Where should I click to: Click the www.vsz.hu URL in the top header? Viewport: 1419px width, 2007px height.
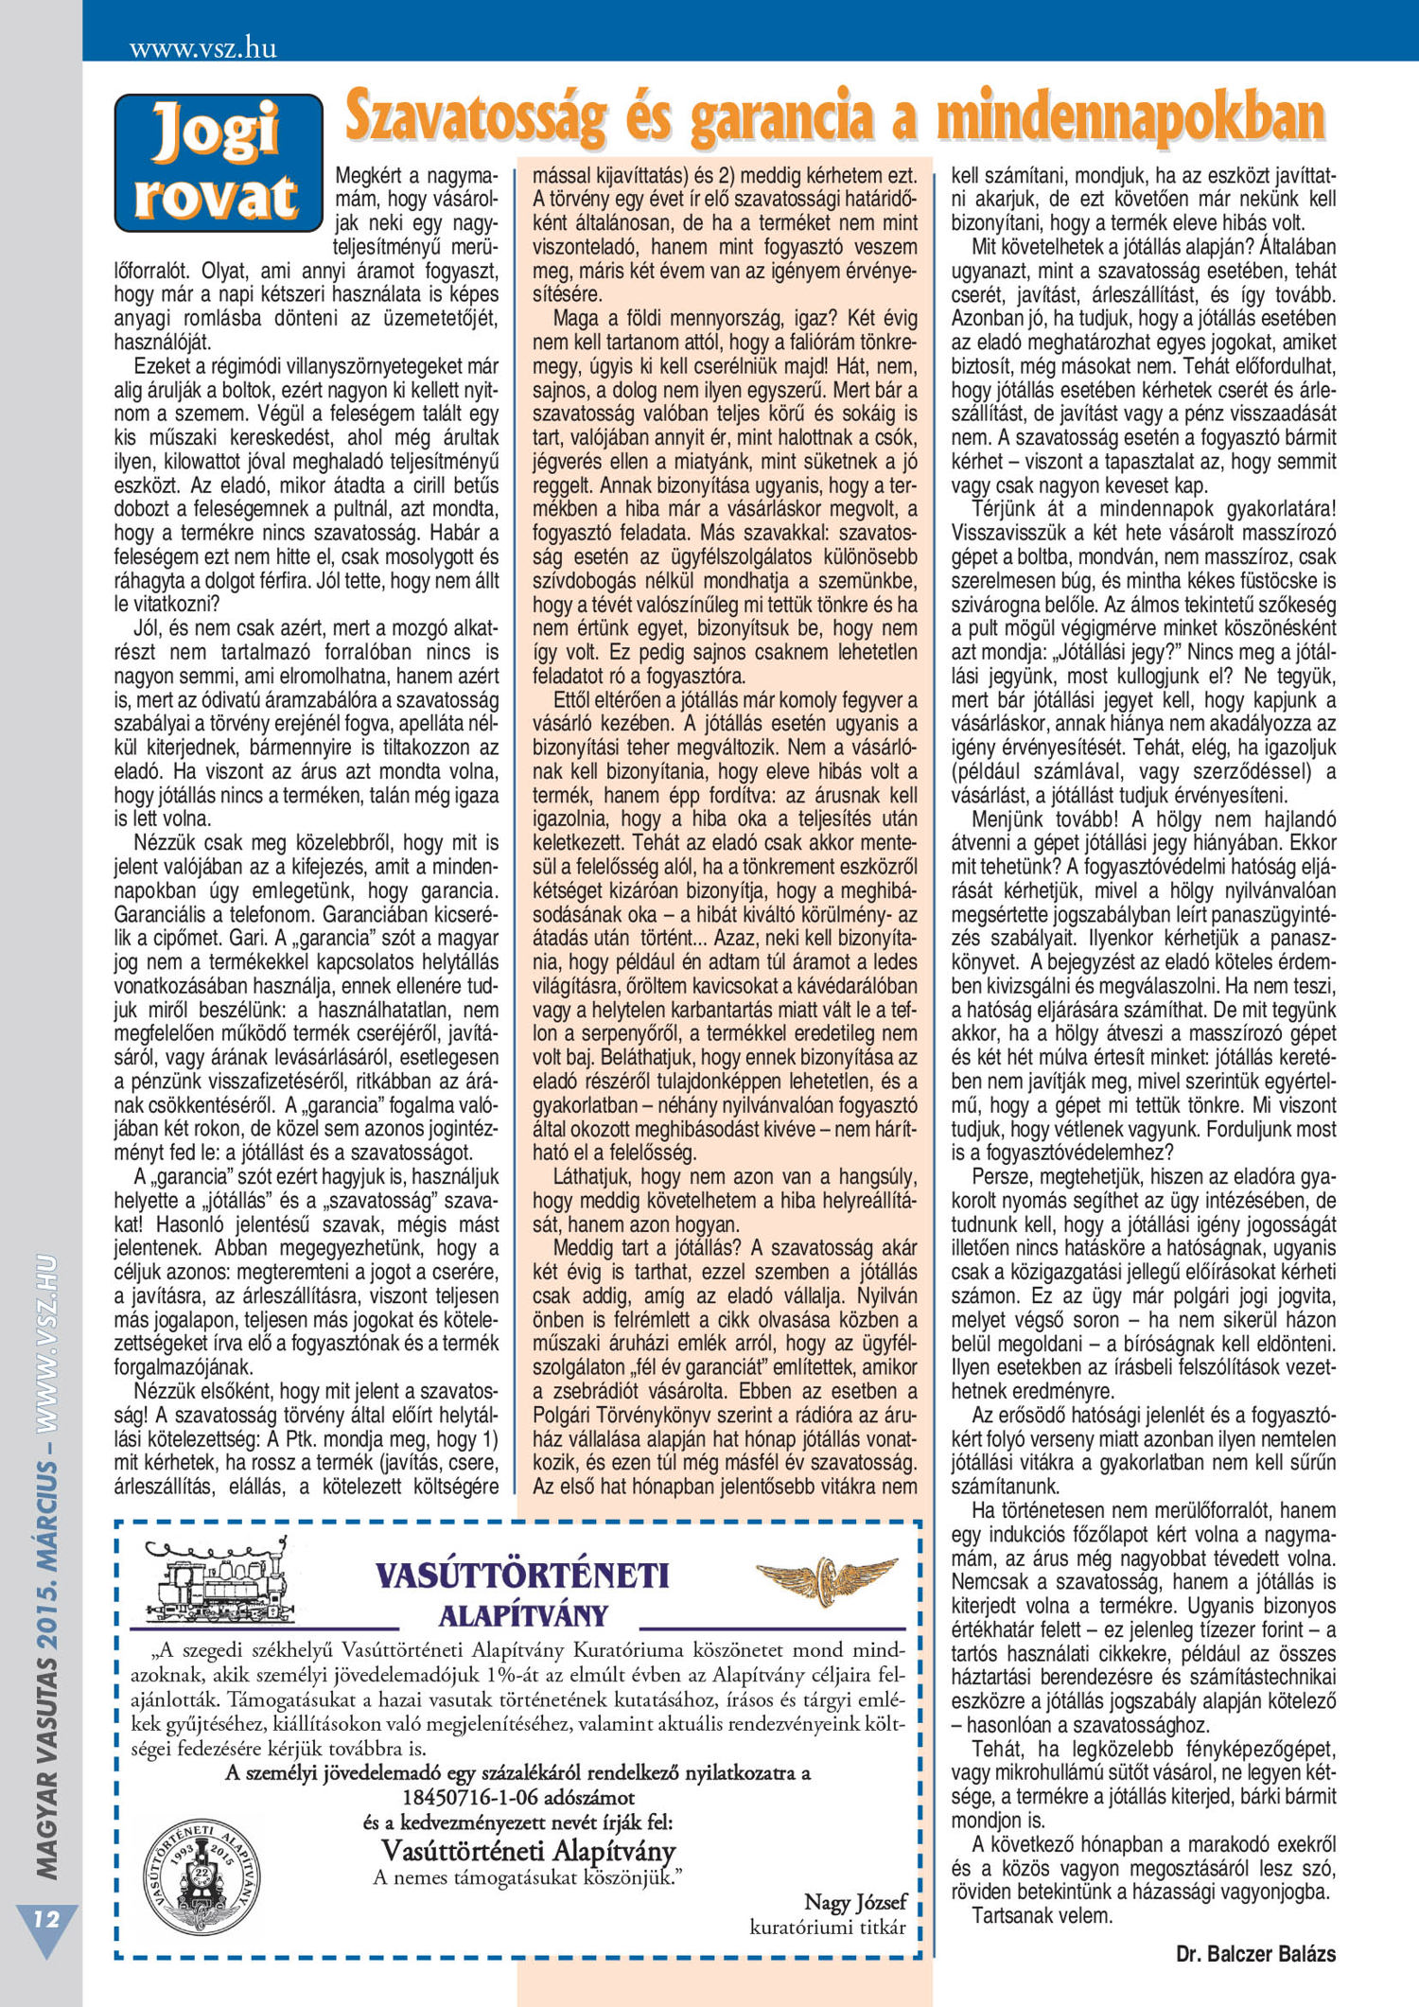(x=203, y=48)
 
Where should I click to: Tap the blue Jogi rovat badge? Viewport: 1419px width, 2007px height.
(x=219, y=163)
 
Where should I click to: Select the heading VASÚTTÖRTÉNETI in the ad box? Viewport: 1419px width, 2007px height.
(x=522, y=1575)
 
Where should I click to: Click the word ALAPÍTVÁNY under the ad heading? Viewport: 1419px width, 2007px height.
(x=522, y=1614)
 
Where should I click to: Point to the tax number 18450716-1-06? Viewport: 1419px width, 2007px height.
(x=518, y=1796)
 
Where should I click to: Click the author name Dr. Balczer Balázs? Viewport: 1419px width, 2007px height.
(x=1255, y=1953)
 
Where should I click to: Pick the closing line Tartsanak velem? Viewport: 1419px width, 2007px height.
(x=1042, y=1915)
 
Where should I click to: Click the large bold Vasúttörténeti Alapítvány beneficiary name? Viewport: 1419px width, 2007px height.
(x=528, y=1849)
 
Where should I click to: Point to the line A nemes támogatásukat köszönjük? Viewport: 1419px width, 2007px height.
(x=528, y=1876)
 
